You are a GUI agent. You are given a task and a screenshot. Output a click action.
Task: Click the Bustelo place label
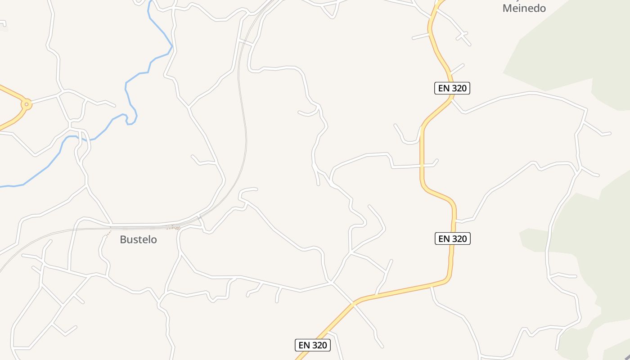click(x=138, y=239)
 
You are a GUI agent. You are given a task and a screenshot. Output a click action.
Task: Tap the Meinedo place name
click(x=524, y=8)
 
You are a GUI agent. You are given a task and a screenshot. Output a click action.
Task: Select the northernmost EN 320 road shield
click(x=452, y=88)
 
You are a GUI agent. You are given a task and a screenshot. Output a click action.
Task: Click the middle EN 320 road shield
click(x=452, y=238)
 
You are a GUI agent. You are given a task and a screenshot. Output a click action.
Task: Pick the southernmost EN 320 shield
click(x=313, y=345)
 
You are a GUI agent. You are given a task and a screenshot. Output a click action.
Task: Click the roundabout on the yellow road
click(x=27, y=104)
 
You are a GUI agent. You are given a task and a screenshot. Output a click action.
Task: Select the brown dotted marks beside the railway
click(x=173, y=228)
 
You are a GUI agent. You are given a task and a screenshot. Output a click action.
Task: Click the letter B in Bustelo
click(x=123, y=239)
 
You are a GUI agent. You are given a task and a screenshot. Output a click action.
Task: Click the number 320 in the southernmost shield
click(x=319, y=345)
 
